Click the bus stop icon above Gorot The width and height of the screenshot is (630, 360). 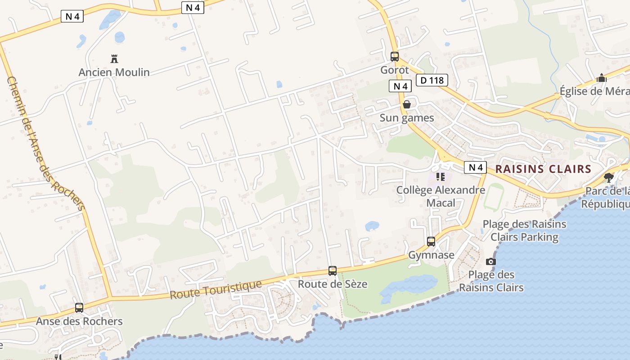pyautogui.click(x=395, y=57)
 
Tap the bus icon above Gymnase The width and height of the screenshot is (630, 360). pyautogui.click(x=431, y=242)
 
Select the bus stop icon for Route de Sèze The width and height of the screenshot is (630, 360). pyautogui.click(x=333, y=271)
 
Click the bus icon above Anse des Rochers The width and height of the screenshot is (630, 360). pyautogui.click(x=79, y=308)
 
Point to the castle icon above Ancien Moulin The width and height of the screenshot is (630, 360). pyautogui.click(x=114, y=58)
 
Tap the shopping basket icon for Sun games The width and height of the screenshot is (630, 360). pyautogui.click(x=407, y=104)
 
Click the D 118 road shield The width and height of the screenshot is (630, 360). pyautogui.click(x=432, y=81)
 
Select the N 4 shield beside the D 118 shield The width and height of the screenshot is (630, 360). pyautogui.click(x=400, y=86)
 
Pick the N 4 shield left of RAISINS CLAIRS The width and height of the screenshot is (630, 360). pyautogui.click(x=476, y=168)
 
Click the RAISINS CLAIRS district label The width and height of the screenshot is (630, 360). pyautogui.click(x=543, y=169)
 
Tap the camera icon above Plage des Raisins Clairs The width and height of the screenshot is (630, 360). pyautogui.click(x=491, y=261)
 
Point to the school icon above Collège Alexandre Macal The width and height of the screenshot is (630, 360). pyautogui.click(x=440, y=177)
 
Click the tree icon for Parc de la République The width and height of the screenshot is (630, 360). pyautogui.click(x=609, y=177)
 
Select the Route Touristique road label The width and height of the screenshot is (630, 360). pyautogui.click(x=216, y=290)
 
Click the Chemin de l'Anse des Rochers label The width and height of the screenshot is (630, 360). pyautogui.click(x=45, y=143)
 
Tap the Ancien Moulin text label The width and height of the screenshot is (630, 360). pyautogui.click(x=114, y=72)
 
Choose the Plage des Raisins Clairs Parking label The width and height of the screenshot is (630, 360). pyautogui.click(x=524, y=230)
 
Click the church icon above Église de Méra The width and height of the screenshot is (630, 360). pyautogui.click(x=602, y=78)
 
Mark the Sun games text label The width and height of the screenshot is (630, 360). pyautogui.click(x=407, y=118)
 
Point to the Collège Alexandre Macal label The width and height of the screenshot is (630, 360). pyautogui.click(x=441, y=196)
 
